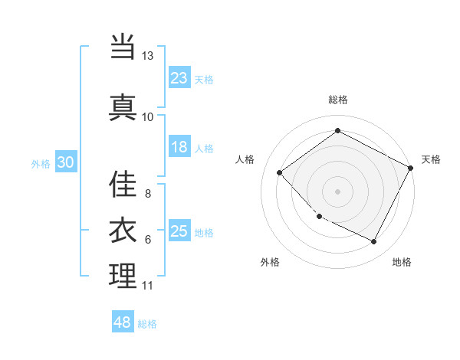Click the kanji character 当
(x=123, y=47)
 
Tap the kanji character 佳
(x=123, y=184)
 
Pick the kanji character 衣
(x=123, y=229)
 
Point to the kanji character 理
(x=123, y=275)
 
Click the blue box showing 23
(x=179, y=77)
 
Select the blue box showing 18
(x=179, y=147)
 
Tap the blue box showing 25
(x=179, y=231)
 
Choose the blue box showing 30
(x=65, y=162)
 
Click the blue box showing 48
(x=123, y=322)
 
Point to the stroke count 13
(x=147, y=56)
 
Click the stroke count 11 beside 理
(x=147, y=286)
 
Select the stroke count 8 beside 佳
(x=147, y=193)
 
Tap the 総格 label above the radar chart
(x=338, y=100)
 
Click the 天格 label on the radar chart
(x=431, y=159)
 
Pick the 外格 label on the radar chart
(x=270, y=262)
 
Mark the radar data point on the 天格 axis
(x=412, y=167)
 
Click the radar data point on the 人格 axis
(x=280, y=172)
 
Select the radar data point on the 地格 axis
(x=374, y=242)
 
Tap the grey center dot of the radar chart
(x=337, y=191)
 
